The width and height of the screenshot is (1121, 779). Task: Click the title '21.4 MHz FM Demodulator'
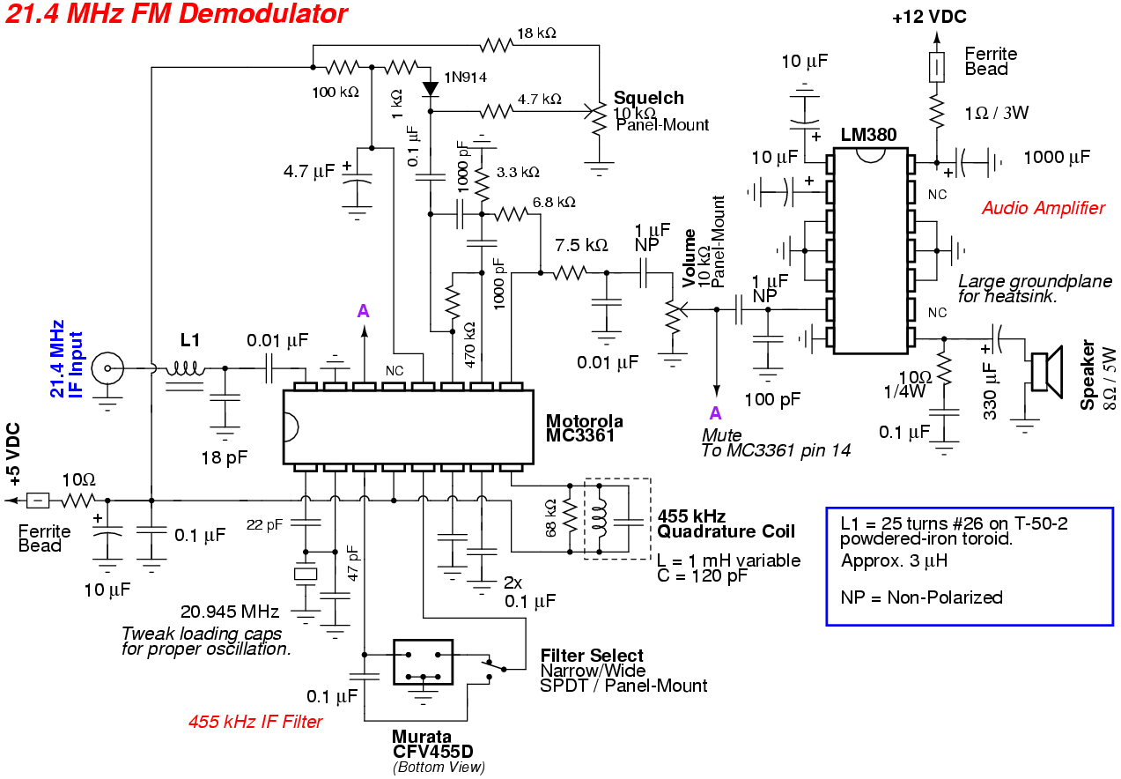tap(176, 15)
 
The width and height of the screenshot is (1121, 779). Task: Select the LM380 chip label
tap(868, 135)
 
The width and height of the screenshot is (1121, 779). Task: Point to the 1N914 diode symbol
tap(431, 88)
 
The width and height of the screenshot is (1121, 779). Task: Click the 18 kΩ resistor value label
tap(536, 33)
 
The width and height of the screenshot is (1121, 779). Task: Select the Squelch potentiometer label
tap(649, 98)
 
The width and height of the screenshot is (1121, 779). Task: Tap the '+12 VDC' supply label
tap(928, 17)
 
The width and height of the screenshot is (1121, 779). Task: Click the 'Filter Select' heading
tap(592, 656)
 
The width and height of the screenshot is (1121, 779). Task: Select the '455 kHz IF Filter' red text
tap(255, 722)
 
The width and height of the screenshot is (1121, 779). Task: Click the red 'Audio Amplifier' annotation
tap(1043, 208)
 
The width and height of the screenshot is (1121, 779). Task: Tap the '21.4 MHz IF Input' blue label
tap(67, 360)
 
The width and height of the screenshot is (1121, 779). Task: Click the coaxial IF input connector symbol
tap(108, 366)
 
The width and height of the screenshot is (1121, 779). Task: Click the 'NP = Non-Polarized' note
tap(921, 597)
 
